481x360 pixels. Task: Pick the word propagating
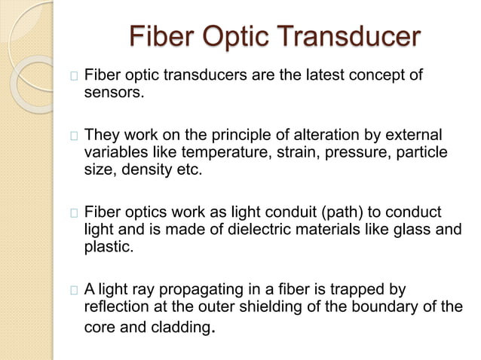pyautogui.click(x=202, y=291)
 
